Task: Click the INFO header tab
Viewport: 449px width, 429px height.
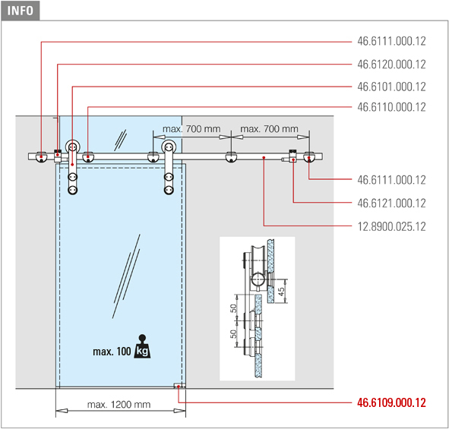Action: tap(20, 11)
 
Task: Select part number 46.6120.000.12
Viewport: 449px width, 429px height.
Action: tap(391, 65)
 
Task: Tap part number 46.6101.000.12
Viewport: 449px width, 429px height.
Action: tap(391, 87)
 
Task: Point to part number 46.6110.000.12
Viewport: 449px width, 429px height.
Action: tap(391, 107)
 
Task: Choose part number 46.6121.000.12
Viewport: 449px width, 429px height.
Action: tap(391, 203)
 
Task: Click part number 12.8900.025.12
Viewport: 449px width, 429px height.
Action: tap(391, 226)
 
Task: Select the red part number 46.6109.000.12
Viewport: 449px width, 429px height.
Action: tap(391, 402)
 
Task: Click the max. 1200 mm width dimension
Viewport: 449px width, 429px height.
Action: tap(119, 405)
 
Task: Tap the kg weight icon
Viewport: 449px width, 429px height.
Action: tap(142, 346)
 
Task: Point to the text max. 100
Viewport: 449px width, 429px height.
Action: tap(112, 352)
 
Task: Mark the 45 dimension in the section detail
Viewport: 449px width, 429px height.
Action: tap(281, 292)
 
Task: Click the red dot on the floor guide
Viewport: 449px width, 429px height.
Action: tap(179, 386)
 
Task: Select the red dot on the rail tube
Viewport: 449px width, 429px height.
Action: tap(264, 157)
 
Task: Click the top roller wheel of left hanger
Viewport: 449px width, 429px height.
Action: tap(73, 147)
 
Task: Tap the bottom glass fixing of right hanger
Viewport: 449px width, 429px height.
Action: tap(169, 190)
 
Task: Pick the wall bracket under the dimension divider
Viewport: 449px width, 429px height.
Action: tap(231, 158)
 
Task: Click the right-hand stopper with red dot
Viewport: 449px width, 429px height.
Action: tap(292, 156)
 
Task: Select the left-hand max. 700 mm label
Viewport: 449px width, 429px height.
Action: tap(191, 129)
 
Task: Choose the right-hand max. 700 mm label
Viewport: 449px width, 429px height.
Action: tap(269, 129)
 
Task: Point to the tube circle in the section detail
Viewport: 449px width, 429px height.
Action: tap(258, 279)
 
